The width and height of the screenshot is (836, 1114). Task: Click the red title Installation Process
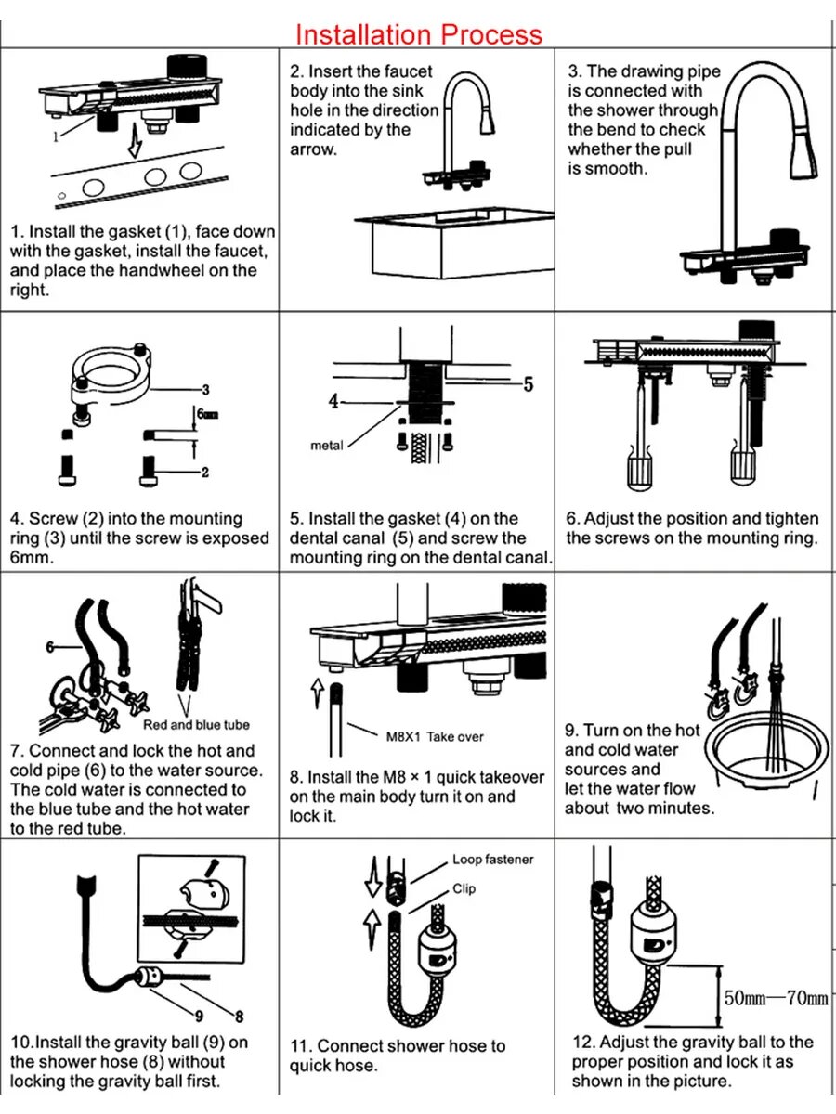pyautogui.click(x=418, y=34)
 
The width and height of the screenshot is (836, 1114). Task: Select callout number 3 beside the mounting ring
pyautogui.click(x=205, y=390)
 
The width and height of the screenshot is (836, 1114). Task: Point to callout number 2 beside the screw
pyautogui.click(x=205, y=473)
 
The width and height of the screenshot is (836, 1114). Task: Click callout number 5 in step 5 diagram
pyautogui.click(x=528, y=384)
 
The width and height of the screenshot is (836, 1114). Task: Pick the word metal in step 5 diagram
pyautogui.click(x=327, y=446)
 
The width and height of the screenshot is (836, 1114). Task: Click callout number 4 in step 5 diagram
pyautogui.click(x=334, y=402)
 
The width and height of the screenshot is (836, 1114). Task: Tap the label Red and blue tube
pyautogui.click(x=196, y=725)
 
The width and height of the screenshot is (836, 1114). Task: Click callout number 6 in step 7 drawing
pyautogui.click(x=49, y=647)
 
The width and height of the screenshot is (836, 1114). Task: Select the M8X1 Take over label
pyautogui.click(x=434, y=737)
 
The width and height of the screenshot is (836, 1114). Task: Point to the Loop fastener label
pyautogui.click(x=493, y=860)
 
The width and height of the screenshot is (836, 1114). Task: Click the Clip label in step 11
pyautogui.click(x=464, y=888)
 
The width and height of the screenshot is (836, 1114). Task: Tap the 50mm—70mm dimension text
pyautogui.click(x=776, y=999)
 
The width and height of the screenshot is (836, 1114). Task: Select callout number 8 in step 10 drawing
pyautogui.click(x=239, y=1017)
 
